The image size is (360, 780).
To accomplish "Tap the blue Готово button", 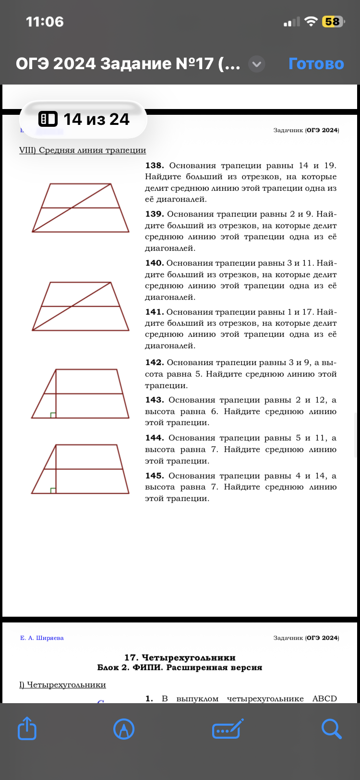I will point(316,63).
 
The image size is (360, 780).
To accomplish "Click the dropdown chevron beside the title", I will point(257,63).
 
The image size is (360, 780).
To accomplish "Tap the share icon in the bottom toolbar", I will point(27,729).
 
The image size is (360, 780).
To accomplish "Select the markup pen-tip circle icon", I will point(124,729).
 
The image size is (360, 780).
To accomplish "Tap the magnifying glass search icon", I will point(331,729).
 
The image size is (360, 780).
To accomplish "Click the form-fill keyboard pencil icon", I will point(228,729).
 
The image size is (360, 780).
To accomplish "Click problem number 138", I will point(154,166).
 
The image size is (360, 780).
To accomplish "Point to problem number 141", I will point(154,312).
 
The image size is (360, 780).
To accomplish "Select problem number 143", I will point(154,400).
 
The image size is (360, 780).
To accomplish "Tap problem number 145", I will point(154,476).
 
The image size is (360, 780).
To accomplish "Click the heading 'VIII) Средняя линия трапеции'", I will point(83,150).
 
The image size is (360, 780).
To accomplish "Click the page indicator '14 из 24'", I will point(84,119).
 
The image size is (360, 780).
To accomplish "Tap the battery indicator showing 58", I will point(332,22).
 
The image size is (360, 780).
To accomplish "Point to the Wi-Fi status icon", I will point(311,22).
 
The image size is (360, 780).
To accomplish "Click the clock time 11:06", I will point(45,22).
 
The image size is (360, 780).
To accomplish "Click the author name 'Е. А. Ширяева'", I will point(42,638).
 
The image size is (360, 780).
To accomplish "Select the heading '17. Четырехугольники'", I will point(180,658).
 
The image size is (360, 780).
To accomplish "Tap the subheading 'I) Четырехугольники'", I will point(62,684).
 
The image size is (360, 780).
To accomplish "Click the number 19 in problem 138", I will point(330,166).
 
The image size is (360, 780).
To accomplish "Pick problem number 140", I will point(154,263).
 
